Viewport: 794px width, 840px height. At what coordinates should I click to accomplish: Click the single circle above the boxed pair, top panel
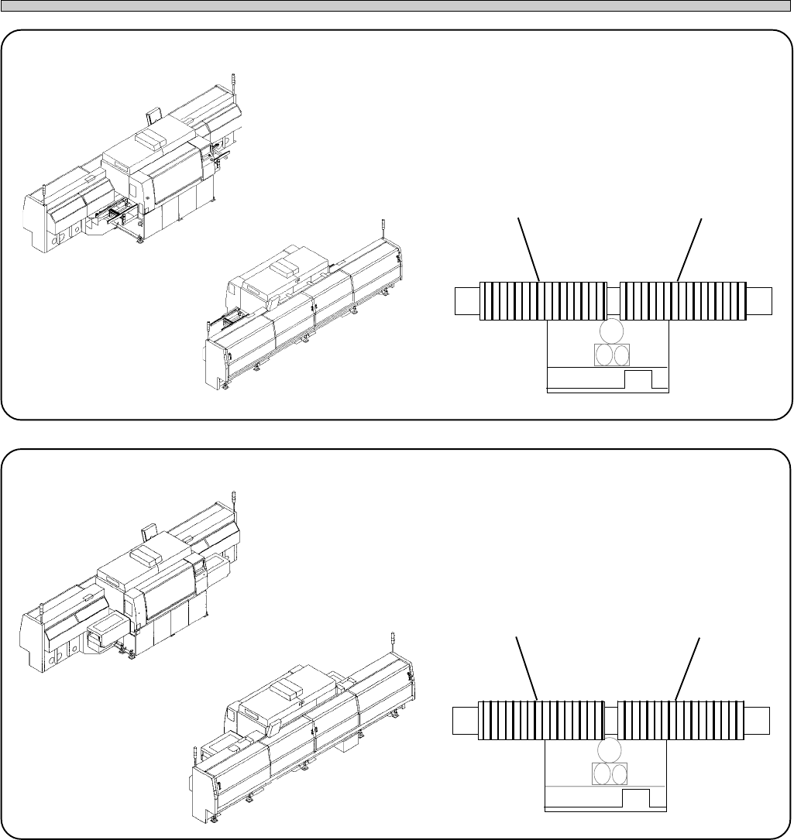[x=608, y=331]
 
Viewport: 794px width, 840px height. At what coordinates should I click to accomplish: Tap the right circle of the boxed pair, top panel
[x=619, y=355]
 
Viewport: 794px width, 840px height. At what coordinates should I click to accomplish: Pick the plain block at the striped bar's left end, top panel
[x=466, y=300]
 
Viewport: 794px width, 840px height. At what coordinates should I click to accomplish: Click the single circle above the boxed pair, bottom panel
[x=608, y=749]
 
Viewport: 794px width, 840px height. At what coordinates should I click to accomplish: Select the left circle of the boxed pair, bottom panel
[x=600, y=774]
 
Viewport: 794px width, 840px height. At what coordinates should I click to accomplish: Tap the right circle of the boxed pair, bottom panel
[x=617, y=774]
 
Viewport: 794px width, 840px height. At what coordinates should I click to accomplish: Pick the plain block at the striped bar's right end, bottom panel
[x=758, y=719]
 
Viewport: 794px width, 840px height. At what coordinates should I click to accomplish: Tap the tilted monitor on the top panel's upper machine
[x=153, y=118]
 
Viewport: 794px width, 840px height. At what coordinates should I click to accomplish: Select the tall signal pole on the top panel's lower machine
[x=384, y=229]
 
